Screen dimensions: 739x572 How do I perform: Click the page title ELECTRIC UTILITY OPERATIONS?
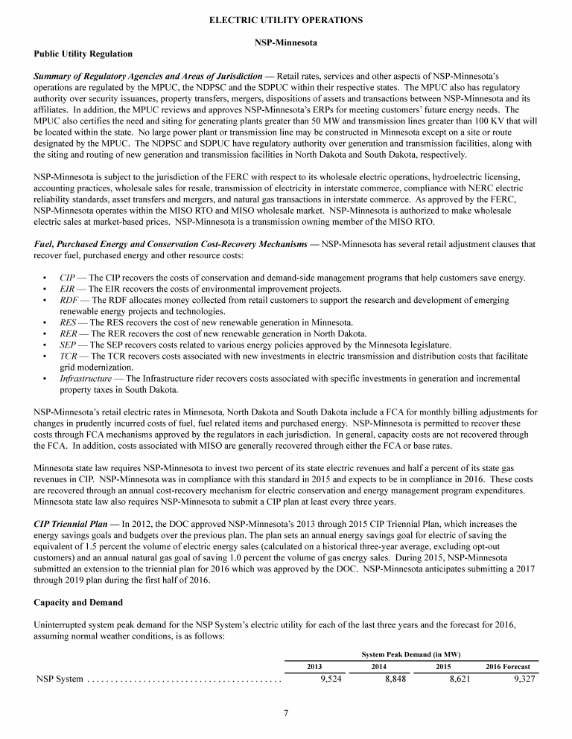(286, 20)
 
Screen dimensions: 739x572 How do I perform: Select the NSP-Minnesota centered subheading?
(286, 42)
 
